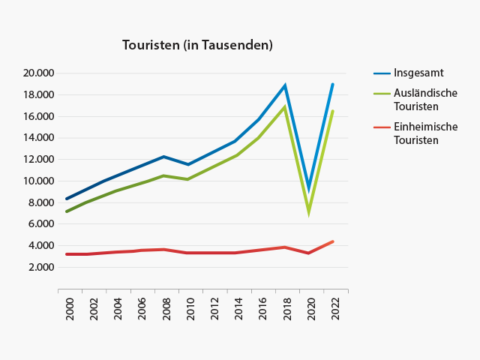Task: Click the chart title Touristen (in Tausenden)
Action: pyautogui.click(x=197, y=45)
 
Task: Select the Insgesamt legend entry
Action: pyautogui.click(x=418, y=73)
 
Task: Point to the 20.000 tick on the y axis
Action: pyautogui.click(x=39, y=73)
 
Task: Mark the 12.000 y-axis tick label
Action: pyautogui.click(x=39, y=159)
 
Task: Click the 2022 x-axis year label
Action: pyautogui.click(x=335, y=309)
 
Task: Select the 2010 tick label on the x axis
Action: pyautogui.click(x=190, y=309)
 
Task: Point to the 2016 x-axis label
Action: pyautogui.click(x=262, y=309)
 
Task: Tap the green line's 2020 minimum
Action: pyautogui.click(x=309, y=214)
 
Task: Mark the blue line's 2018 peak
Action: pyautogui.click(x=285, y=85)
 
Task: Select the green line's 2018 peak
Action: pyautogui.click(x=285, y=106)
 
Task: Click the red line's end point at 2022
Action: pyautogui.click(x=333, y=241)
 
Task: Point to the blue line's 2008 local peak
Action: pyautogui.click(x=163, y=156)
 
